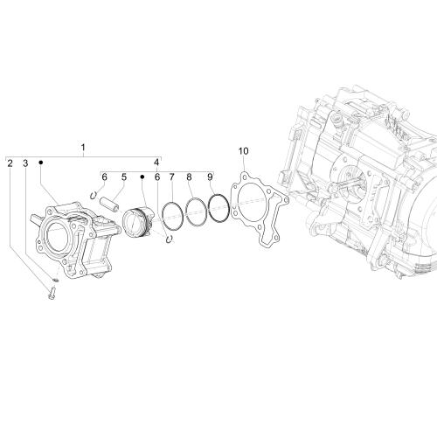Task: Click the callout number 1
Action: (x=83, y=148)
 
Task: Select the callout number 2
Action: (x=10, y=163)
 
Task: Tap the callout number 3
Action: (x=25, y=163)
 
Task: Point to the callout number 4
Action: (x=156, y=162)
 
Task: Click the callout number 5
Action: (x=124, y=177)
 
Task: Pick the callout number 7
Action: (x=172, y=177)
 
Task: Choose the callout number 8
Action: (x=189, y=177)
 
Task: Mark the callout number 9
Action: (x=210, y=177)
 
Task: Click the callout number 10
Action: (x=244, y=151)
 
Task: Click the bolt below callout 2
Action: (x=52, y=294)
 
